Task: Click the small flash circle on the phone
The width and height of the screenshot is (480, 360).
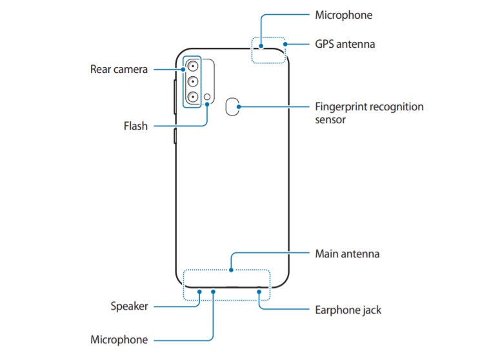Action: tap(207, 98)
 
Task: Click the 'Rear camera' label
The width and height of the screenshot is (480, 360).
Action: tap(119, 69)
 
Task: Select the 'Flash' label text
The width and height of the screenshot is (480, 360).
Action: tap(135, 126)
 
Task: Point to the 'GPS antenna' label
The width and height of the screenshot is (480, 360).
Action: tap(345, 45)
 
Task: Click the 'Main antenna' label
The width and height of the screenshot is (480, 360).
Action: tap(347, 254)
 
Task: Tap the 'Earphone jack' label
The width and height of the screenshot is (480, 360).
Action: tap(348, 310)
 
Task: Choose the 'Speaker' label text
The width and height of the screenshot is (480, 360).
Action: tap(128, 306)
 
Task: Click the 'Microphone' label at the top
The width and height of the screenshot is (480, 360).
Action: tap(344, 15)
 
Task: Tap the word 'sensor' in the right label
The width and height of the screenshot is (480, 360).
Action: tap(331, 120)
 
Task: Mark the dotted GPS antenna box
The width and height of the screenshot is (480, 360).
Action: tap(268, 50)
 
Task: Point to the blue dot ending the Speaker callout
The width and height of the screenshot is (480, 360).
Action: tap(199, 291)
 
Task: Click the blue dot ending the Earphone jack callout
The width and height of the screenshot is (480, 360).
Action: tap(259, 291)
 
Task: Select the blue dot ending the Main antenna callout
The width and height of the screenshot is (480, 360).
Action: tap(231, 269)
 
